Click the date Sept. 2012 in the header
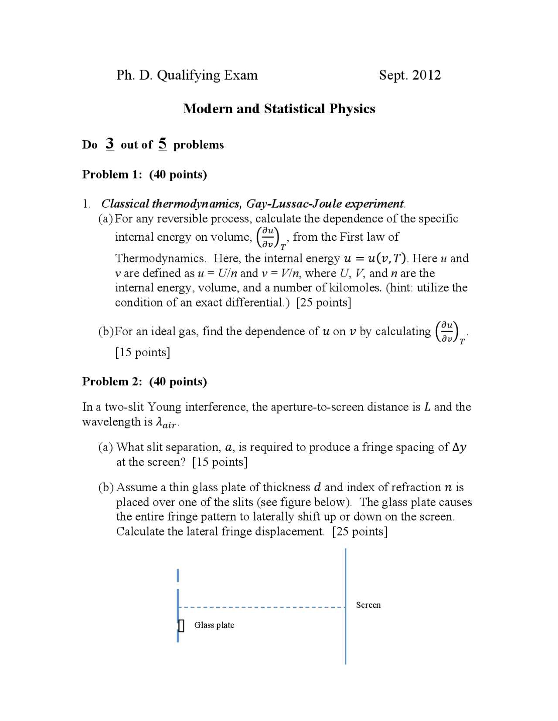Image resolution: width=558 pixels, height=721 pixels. click(x=409, y=75)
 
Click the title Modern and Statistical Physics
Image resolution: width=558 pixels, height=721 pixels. click(x=279, y=108)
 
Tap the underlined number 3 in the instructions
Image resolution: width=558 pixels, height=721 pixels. click(x=110, y=143)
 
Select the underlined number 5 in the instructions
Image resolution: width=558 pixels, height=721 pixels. click(x=162, y=143)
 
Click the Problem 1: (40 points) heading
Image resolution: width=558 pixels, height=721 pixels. click(x=144, y=174)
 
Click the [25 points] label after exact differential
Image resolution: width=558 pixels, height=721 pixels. click(x=323, y=302)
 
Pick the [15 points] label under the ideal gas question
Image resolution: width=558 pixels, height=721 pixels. click(x=143, y=352)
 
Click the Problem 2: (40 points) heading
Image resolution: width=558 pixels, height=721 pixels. click(x=144, y=381)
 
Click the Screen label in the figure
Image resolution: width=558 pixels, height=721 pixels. click(x=368, y=605)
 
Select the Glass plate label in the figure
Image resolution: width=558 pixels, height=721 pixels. click(x=214, y=625)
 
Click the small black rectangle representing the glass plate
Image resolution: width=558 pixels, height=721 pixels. click(x=181, y=626)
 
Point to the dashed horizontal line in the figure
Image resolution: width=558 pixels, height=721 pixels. click(x=262, y=607)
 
